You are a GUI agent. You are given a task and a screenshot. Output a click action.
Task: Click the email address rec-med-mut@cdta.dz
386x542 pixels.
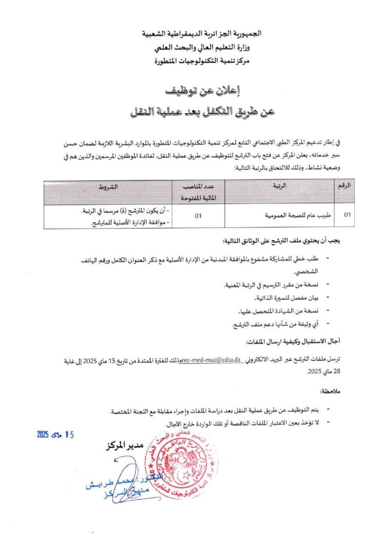click(x=212, y=360)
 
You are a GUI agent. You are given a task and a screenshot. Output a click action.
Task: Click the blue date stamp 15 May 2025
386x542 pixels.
click(x=56, y=434)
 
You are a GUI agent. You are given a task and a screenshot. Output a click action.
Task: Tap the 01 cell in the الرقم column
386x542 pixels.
click(x=347, y=216)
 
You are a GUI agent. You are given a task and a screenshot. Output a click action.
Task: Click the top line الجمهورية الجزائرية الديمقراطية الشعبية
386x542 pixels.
click(x=202, y=33)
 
